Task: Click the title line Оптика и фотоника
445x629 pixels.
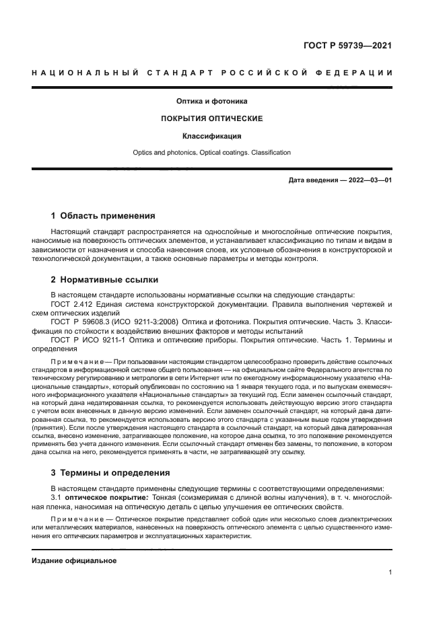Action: point(212,102)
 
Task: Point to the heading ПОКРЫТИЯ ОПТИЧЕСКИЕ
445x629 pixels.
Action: point(211,118)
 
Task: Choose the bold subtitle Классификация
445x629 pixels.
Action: point(212,136)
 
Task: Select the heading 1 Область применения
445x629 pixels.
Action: point(103,217)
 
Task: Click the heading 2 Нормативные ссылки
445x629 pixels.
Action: point(105,280)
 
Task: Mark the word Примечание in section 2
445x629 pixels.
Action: point(76,361)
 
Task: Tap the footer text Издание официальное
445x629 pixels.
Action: point(74,560)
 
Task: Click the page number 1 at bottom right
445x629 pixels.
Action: point(390,572)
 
